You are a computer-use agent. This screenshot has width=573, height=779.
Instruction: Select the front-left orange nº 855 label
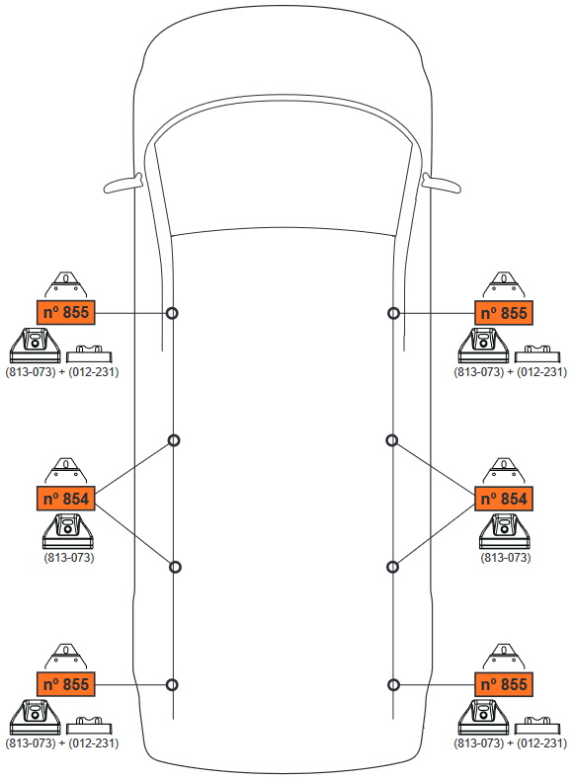65,313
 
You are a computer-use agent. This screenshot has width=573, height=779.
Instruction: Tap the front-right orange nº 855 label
504,313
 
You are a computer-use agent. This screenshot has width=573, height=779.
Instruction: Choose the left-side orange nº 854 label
65,499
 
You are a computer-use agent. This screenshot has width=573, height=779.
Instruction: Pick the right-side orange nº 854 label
504,499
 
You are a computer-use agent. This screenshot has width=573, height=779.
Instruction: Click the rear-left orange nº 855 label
65,684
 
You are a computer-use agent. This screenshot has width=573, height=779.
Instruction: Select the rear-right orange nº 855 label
504,684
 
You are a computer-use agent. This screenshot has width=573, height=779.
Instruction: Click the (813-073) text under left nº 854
69,558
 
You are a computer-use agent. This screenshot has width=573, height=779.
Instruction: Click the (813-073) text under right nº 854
506,558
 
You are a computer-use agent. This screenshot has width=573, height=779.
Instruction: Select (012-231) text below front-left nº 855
94,371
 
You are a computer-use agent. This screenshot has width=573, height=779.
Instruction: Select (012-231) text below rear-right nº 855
541,743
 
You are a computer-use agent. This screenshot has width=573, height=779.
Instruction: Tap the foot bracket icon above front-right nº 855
504,285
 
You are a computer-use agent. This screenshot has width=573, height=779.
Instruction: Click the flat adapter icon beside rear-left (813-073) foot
89,726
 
